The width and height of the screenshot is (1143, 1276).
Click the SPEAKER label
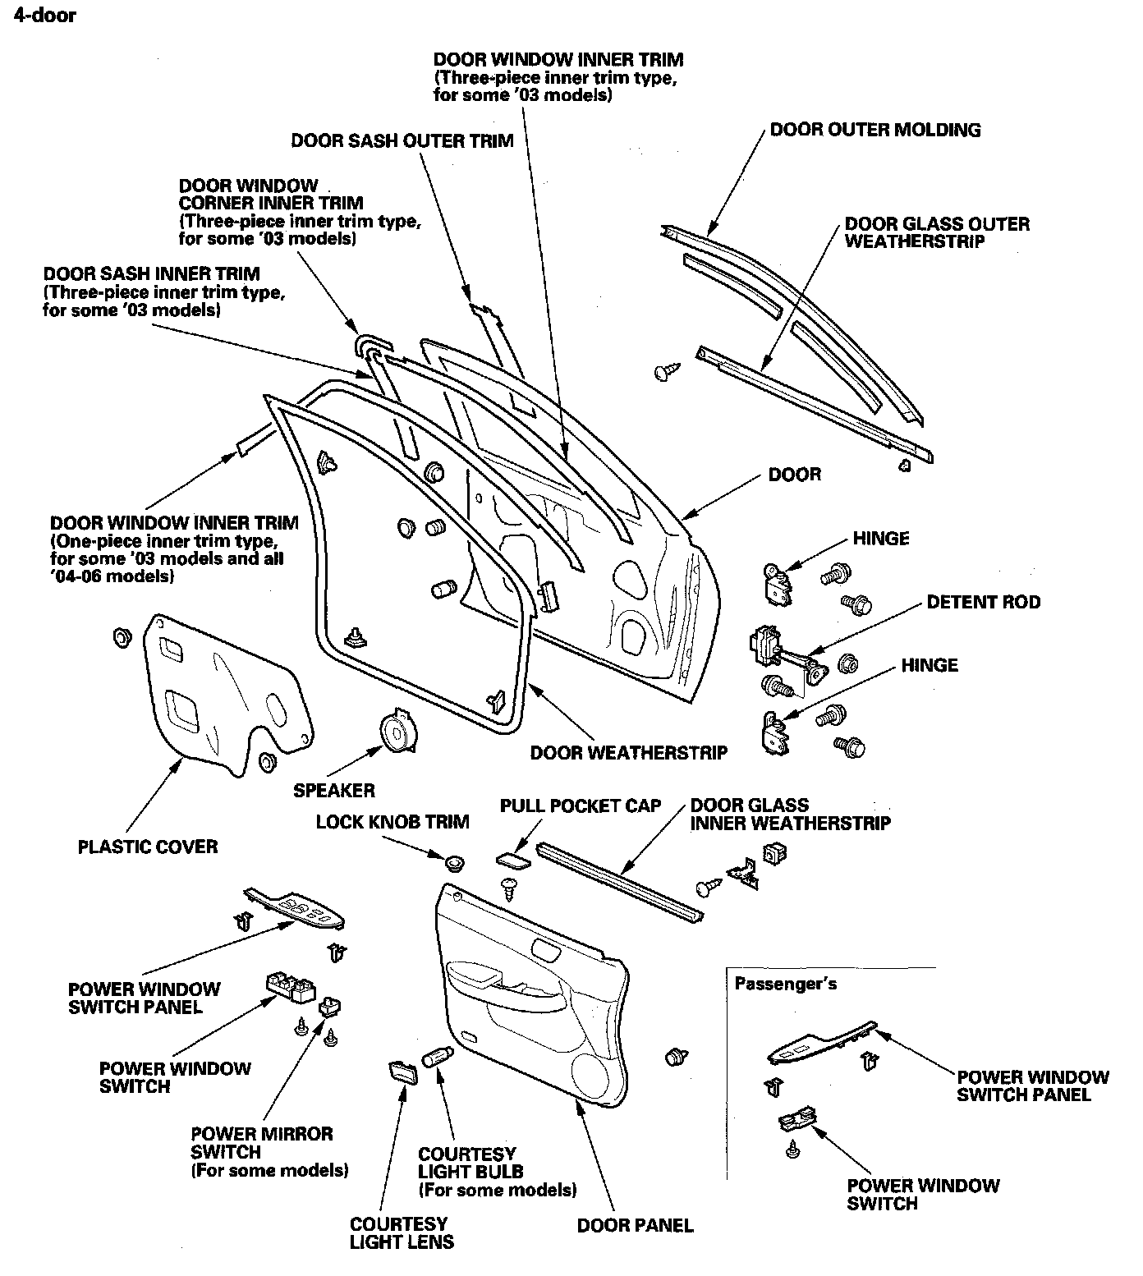tap(334, 790)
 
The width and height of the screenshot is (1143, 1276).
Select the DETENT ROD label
tap(983, 602)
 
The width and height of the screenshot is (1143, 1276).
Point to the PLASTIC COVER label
tap(148, 847)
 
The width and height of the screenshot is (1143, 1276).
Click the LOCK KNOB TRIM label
tap(392, 822)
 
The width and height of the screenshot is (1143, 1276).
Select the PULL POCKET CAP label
tap(581, 806)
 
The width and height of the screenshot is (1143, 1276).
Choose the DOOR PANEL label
tap(635, 1225)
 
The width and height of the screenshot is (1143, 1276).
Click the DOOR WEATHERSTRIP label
tap(628, 752)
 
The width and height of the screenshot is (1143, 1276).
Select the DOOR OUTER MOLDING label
tap(875, 130)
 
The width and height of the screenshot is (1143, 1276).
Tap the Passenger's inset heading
tap(786, 983)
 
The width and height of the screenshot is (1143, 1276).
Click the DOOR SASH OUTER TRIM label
tap(402, 140)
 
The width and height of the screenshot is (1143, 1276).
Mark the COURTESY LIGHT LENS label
tap(402, 1232)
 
